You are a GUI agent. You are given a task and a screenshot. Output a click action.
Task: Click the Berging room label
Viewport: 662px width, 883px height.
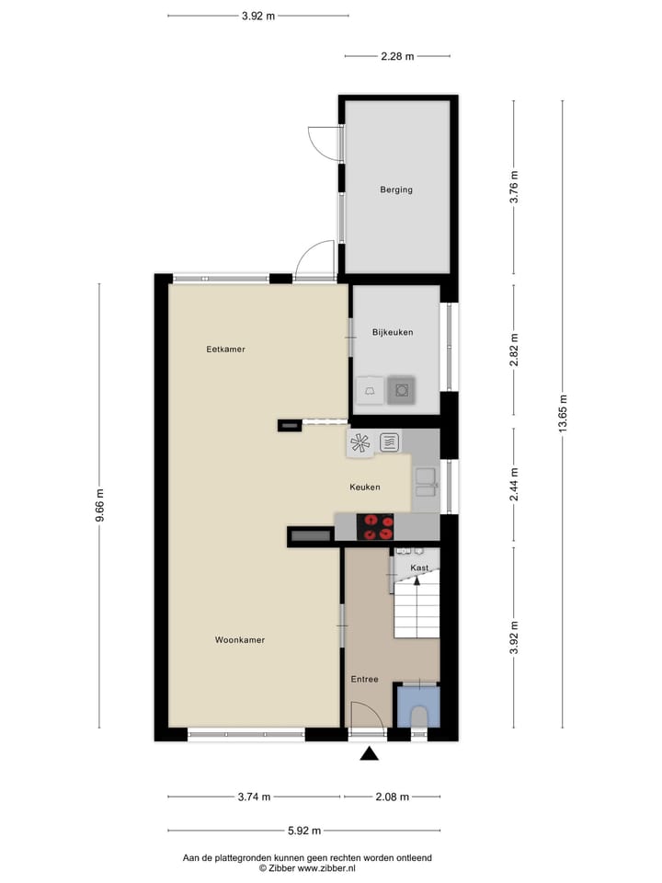[x=396, y=190]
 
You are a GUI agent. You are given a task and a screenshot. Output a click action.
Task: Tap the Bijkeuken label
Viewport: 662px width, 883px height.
[x=393, y=332]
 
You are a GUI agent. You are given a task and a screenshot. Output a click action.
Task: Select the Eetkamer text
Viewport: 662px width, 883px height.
[x=225, y=350]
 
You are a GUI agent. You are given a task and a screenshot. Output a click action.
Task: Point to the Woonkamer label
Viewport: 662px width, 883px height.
[x=240, y=640]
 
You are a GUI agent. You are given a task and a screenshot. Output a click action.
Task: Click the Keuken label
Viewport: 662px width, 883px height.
[x=365, y=487]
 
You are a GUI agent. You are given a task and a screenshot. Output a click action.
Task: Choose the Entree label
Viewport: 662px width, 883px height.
[x=364, y=680]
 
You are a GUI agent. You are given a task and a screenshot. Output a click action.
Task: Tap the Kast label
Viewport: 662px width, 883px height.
[x=419, y=568]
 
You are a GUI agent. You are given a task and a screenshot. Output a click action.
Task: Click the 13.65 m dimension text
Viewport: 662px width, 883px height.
[x=564, y=412]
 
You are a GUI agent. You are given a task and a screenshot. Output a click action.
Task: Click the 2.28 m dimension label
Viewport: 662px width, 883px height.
[x=397, y=56]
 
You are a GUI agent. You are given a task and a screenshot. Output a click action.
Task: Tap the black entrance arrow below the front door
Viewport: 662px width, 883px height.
[x=370, y=754]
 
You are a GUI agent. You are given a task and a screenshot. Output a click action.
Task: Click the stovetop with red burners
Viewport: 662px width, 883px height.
[x=377, y=526]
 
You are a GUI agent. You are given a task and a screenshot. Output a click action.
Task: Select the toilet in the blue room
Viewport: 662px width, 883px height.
[x=418, y=716]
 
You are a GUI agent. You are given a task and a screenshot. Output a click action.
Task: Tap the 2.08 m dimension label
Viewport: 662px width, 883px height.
[x=393, y=797]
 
